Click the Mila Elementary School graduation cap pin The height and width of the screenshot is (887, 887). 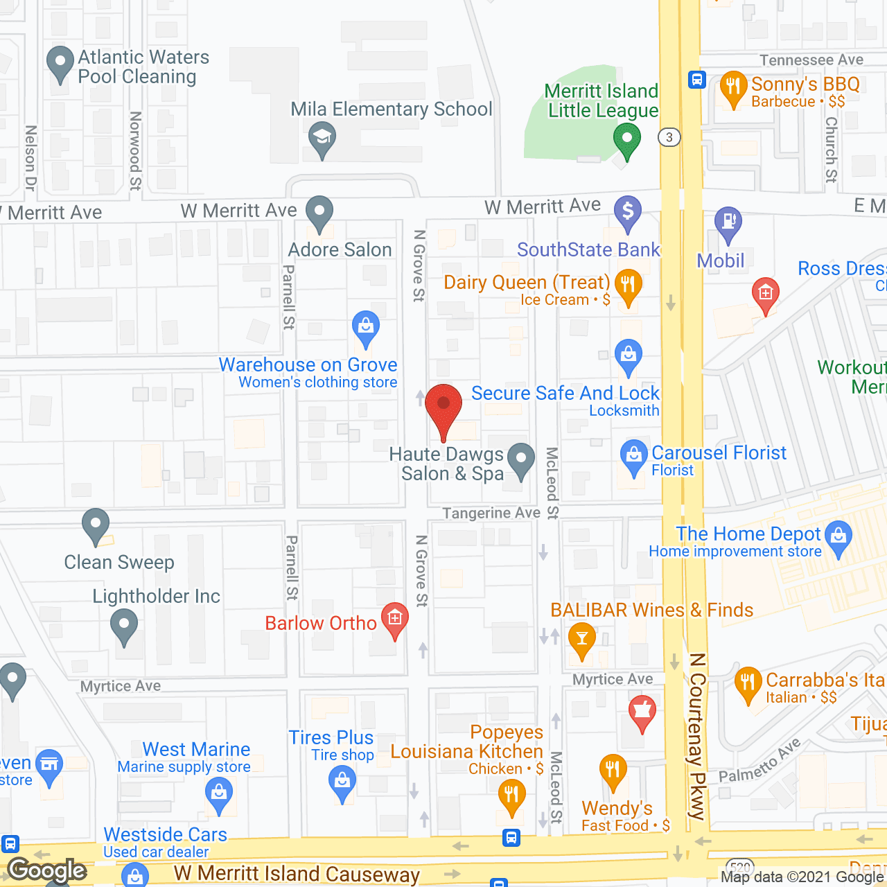pyautogui.click(x=322, y=137)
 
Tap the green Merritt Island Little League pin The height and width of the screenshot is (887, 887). pyautogui.click(x=627, y=139)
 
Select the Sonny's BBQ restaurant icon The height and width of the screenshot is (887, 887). pyautogui.click(x=733, y=88)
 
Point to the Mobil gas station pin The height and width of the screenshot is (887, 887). pyautogui.click(x=728, y=223)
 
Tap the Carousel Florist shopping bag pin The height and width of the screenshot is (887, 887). pyautogui.click(x=633, y=457)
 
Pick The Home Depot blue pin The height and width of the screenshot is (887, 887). pyautogui.click(x=839, y=537)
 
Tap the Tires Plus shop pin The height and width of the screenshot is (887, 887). pyautogui.click(x=342, y=783)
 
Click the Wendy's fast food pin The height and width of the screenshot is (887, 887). pyautogui.click(x=613, y=771)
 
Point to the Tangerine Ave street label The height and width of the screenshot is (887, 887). pyautogui.click(x=491, y=513)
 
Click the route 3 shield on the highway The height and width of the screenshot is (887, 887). pyautogui.click(x=669, y=137)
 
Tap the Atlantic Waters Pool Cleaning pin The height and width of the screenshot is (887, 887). pyautogui.click(x=60, y=63)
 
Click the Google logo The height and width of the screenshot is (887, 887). pyautogui.click(x=47, y=870)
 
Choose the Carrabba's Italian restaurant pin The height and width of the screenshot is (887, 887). pyautogui.click(x=748, y=683)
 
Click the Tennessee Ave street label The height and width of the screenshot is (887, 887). pyautogui.click(x=811, y=60)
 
